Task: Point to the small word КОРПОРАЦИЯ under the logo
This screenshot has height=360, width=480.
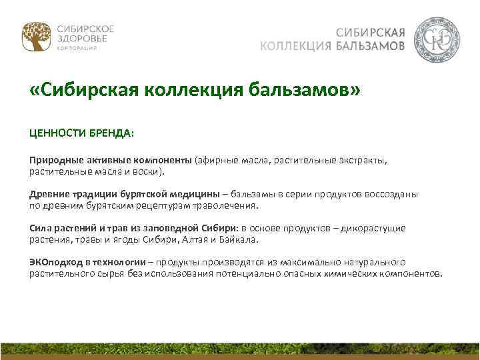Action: pyautogui.click(x=76, y=49)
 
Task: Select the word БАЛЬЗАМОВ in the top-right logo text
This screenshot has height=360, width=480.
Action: pyautogui.click(x=370, y=46)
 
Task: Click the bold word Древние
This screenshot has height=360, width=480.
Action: pyautogui.click(x=47, y=194)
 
